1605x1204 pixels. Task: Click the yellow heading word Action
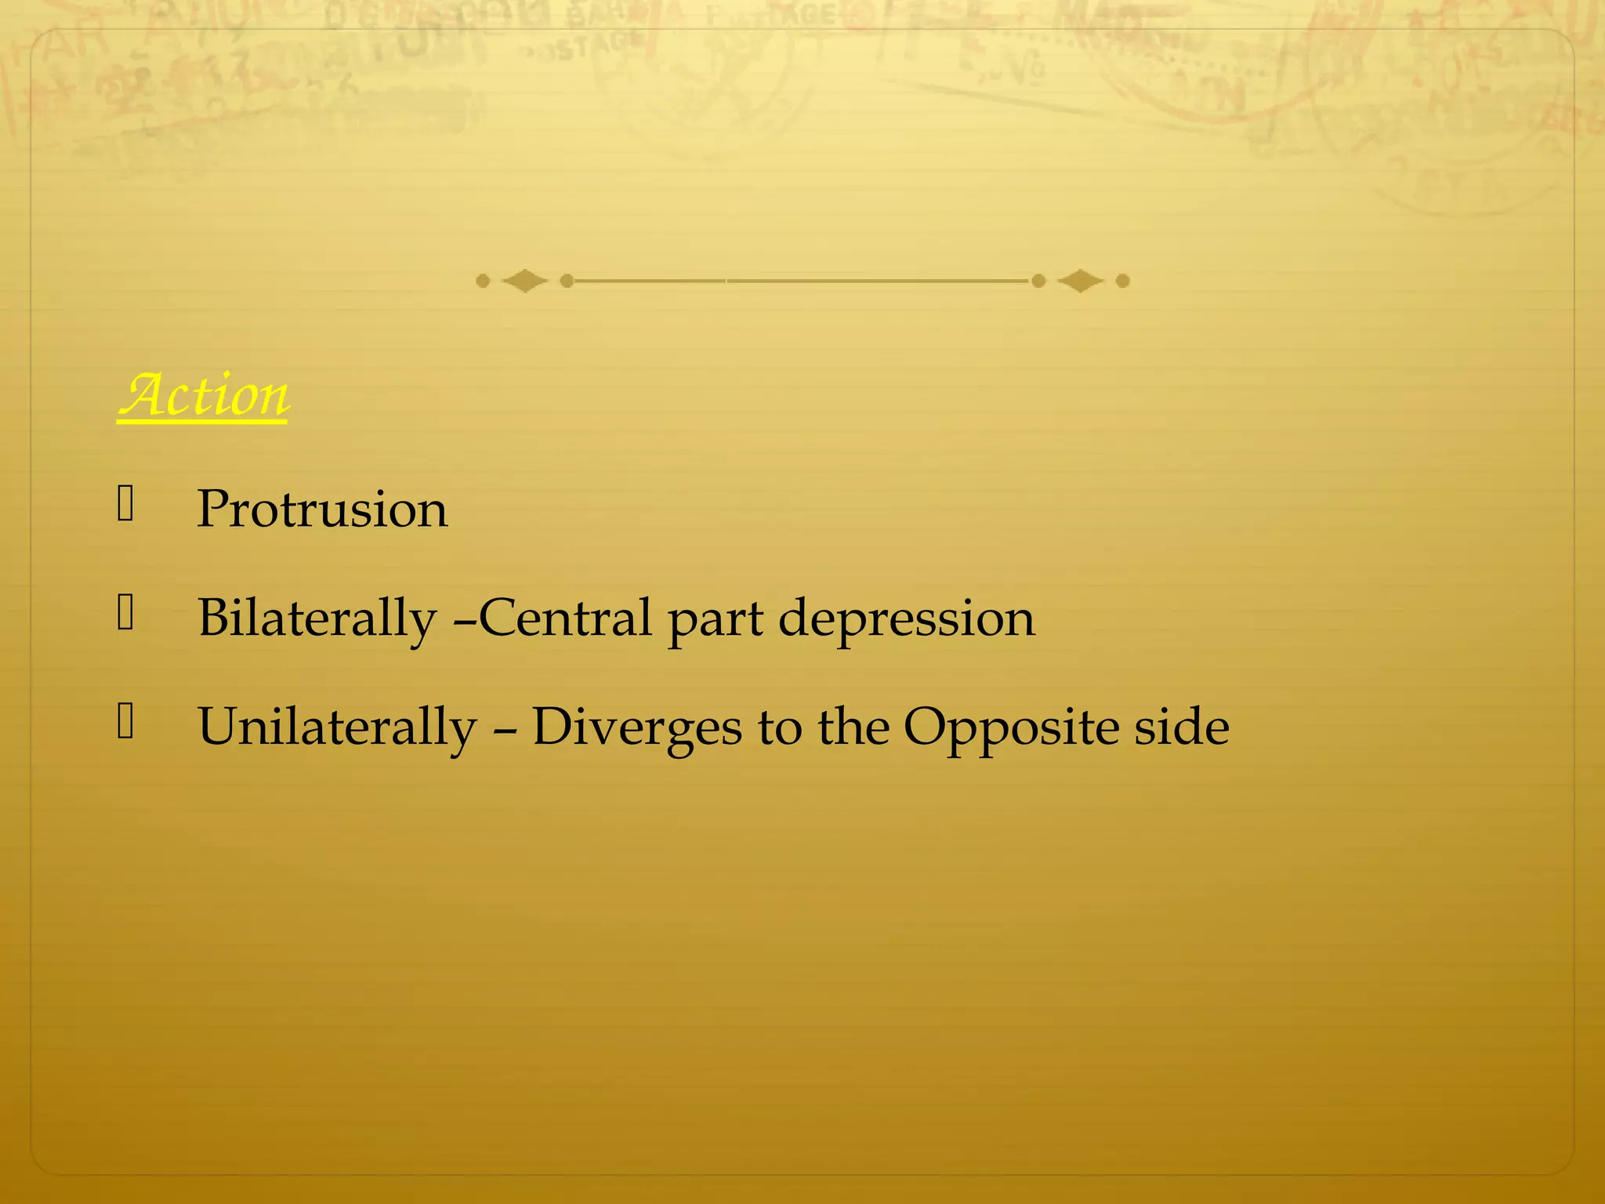click(204, 396)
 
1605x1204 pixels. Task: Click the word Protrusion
click(322, 510)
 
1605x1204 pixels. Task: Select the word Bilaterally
click(317, 618)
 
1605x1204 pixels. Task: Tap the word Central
click(565, 618)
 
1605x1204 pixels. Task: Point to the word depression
click(907, 620)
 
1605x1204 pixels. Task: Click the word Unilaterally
click(337, 727)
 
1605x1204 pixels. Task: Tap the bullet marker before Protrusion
click(126, 504)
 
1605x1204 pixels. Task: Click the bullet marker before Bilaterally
click(126, 613)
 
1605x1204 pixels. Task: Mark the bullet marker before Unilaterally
click(126, 722)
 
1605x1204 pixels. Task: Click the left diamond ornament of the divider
click(524, 281)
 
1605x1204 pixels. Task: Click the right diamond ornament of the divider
click(1080, 281)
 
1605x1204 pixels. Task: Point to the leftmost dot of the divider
click(483, 281)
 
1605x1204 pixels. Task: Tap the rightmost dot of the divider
click(1122, 281)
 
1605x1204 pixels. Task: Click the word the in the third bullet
click(852, 727)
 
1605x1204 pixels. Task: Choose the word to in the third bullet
click(779, 727)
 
